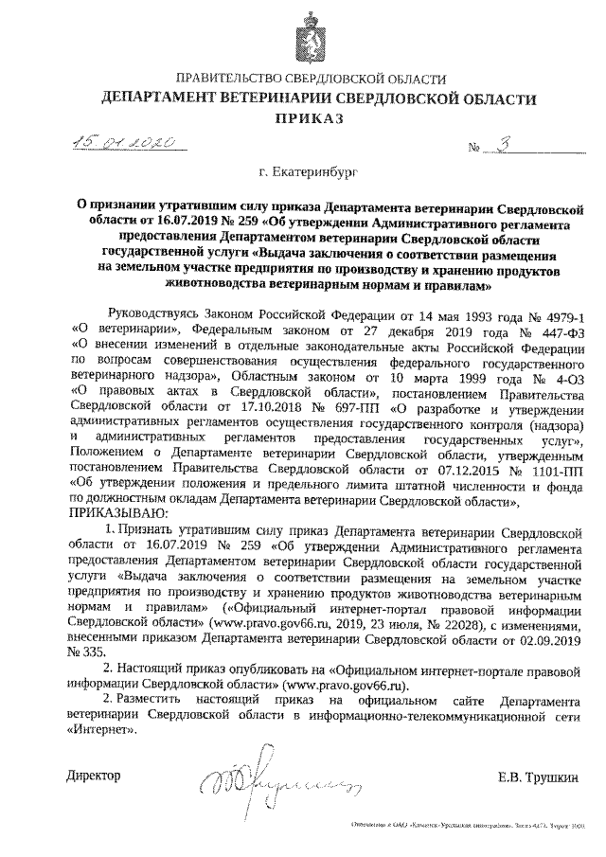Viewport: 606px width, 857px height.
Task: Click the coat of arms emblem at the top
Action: point(302,34)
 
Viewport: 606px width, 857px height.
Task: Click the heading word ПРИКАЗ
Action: point(304,118)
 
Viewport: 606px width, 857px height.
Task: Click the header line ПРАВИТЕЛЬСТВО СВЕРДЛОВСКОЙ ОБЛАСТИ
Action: point(303,78)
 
